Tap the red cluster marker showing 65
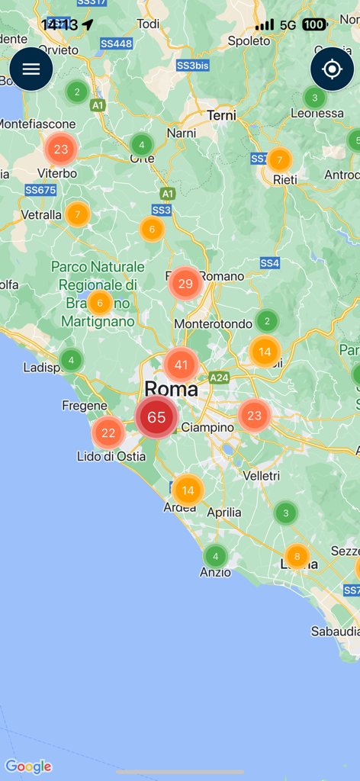click(x=156, y=417)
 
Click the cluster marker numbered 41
click(x=181, y=365)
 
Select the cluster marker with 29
click(x=185, y=284)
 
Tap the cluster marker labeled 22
click(x=108, y=432)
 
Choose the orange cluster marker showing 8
click(x=297, y=557)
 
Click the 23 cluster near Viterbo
click(x=61, y=149)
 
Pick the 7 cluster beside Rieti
click(x=280, y=160)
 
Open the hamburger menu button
click(x=31, y=69)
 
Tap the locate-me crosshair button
click(x=332, y=69)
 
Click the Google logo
click(x=28, y=767)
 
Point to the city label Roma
click(x=172, y=389)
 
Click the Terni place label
click(x=221, y=115)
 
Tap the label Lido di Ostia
click(x=106, y=457)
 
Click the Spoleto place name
click(x=249, y=41)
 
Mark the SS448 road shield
click(x=116, y=43)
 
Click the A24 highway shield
click(x=220, y=377)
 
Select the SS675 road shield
click(x=40, y=190)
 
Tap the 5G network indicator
click(x=288, y=25)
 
